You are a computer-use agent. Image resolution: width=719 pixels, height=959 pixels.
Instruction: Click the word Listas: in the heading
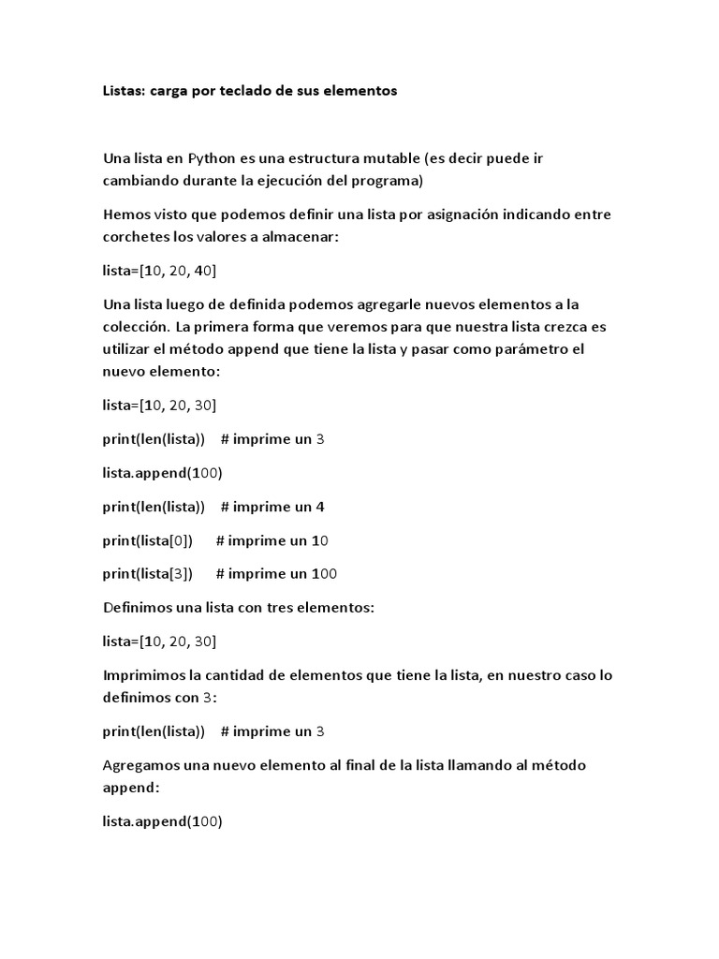[x=125, y=91]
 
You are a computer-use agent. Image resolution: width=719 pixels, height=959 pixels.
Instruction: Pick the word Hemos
[x=125, y=214]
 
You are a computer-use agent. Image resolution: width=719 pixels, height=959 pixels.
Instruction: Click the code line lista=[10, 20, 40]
[x=160, y=271]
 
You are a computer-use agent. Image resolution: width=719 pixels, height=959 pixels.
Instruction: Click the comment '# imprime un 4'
[x=272, y=507]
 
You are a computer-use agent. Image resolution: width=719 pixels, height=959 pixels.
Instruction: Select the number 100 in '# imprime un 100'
[x=325, y=574]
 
